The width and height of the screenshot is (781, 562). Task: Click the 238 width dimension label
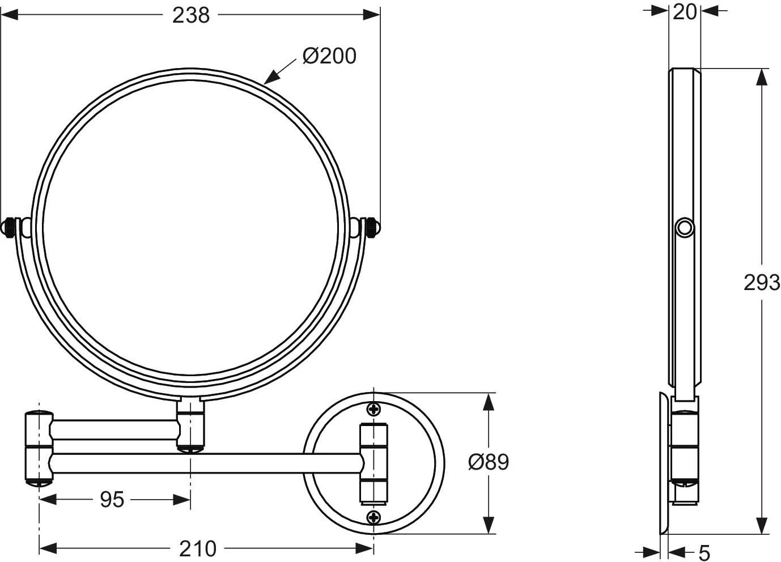tap(191, 15)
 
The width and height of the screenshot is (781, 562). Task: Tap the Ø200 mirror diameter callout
tap(329, 56)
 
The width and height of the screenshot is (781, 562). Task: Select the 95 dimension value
tap(112, 500)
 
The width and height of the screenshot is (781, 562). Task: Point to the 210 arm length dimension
tap(198, 549)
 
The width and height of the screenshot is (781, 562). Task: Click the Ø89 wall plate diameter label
tap(489, 462)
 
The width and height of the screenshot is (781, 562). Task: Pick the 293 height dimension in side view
tap(762, 283)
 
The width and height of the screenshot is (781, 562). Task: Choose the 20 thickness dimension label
tap(685, 12)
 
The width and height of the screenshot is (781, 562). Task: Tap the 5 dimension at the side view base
tap(704, 552)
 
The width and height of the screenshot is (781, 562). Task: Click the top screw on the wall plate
tap(373, 409)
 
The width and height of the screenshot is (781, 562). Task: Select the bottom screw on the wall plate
tap(373, 517)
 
